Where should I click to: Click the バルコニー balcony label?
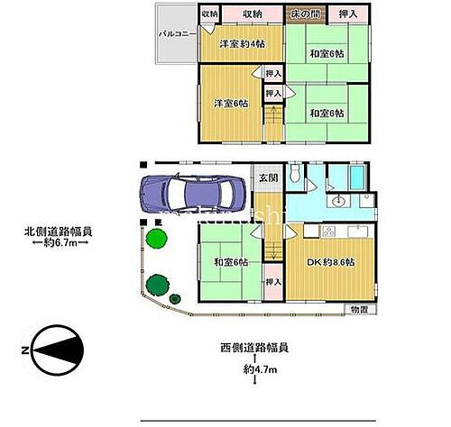pos(172,34)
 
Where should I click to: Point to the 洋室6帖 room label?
pos(230,103)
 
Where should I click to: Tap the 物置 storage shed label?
pos(358,309)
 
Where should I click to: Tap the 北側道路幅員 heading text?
pos(58,231)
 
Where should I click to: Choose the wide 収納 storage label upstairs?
pos(253,14)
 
